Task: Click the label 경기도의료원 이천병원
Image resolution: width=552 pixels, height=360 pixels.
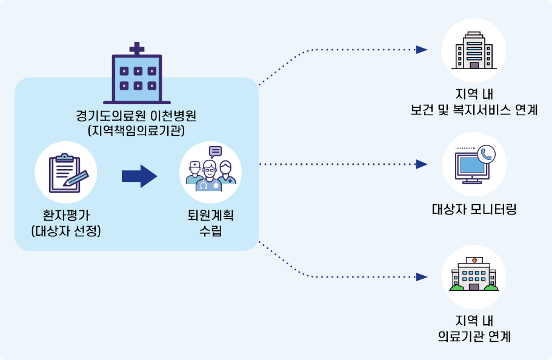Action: coord(137,115)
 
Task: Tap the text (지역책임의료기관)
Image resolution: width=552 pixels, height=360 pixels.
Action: coord(137,130)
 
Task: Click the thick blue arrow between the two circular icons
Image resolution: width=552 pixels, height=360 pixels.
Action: coord(139,176)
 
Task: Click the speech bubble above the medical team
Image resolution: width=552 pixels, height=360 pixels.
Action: coord(215,152)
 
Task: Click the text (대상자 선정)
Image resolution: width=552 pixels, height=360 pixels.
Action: coord(66,231)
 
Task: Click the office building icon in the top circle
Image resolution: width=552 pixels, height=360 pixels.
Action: coord(474,50)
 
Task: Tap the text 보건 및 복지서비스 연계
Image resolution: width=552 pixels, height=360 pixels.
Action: coord(474,110)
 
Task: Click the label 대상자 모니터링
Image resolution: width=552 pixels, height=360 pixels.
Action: coord(474,210)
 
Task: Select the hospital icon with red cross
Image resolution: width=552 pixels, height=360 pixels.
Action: coord(474,276)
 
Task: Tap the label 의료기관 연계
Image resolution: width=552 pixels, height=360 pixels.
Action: coord(474,335)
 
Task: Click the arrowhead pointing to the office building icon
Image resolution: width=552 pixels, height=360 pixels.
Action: coord(422,50)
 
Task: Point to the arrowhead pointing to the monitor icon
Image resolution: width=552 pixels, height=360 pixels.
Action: coord(422,164)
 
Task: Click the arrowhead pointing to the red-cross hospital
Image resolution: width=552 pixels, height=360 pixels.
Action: coord(422,276)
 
